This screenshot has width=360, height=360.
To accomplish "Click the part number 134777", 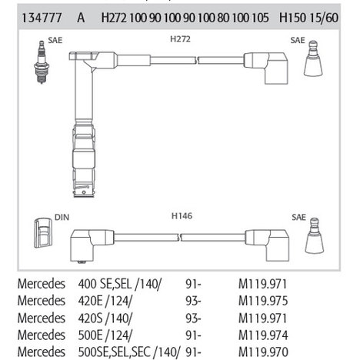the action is [x=42, y=18].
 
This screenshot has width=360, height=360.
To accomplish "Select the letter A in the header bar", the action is [x=81, y=18].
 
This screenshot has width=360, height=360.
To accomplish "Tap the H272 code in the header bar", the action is [x=114, y=18].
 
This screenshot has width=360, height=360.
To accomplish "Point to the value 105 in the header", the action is [x=260, y=18].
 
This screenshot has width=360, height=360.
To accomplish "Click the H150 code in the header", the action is [x=292, y=18].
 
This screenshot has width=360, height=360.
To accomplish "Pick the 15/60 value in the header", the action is [x=324, y=18].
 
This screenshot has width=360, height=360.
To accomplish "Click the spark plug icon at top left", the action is [x=42, y=62].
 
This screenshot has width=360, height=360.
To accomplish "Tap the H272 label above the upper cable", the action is [x=180, y=39].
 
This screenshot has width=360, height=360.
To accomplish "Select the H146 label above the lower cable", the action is [x=182, y=216].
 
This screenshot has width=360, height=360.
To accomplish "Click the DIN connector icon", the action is [x=43, y=233].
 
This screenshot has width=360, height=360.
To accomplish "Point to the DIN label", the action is [x=62, y=217].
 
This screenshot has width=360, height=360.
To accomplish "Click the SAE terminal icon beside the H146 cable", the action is [x=315, y=235].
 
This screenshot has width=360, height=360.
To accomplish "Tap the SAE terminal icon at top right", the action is [x=313, y=58].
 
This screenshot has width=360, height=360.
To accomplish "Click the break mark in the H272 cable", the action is [x=198, y=60].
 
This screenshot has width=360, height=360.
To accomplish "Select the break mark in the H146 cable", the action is [x=180, y=237].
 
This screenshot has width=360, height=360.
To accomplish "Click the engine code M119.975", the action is [x=263, y=301].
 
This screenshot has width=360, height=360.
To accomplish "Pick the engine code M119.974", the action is [x=263, y=335].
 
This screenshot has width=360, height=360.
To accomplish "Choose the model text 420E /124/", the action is [x=105, y=301].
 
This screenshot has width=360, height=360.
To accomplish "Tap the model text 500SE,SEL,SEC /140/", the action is [x=129, y=352].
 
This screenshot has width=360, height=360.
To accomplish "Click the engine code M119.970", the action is [x=263, y=352].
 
